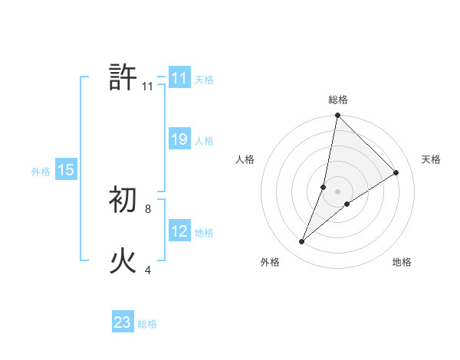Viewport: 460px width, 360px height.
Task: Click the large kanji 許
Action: coord(123,78)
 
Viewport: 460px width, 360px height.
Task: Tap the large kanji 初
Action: coord(123,201)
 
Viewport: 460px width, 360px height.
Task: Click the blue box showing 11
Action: coord(179,78)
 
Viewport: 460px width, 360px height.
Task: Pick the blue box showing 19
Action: coord(179,139)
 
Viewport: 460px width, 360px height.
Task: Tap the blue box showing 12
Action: coord(179,231)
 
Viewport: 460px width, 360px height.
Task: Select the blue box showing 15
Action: coord(65,170)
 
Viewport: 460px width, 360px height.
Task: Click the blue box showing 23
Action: coord(123,322)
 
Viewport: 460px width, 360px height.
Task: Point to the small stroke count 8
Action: coord(148,208)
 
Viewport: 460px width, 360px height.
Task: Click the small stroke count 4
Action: coord(148,269)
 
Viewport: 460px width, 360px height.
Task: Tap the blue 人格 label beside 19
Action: coord(204,141)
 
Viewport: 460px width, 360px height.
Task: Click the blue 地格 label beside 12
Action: coord(204,233)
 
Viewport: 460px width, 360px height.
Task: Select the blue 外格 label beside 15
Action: coord(41,172)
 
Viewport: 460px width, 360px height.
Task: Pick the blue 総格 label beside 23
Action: coord(147,324)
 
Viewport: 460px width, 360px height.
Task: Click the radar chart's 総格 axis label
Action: coord(338,100)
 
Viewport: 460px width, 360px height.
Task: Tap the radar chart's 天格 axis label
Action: coord(432,159)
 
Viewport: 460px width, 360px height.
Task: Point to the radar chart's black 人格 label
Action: coord(245,159)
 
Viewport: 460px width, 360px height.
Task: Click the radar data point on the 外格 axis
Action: coord(302,242)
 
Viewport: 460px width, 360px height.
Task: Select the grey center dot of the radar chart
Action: coord(338,191)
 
